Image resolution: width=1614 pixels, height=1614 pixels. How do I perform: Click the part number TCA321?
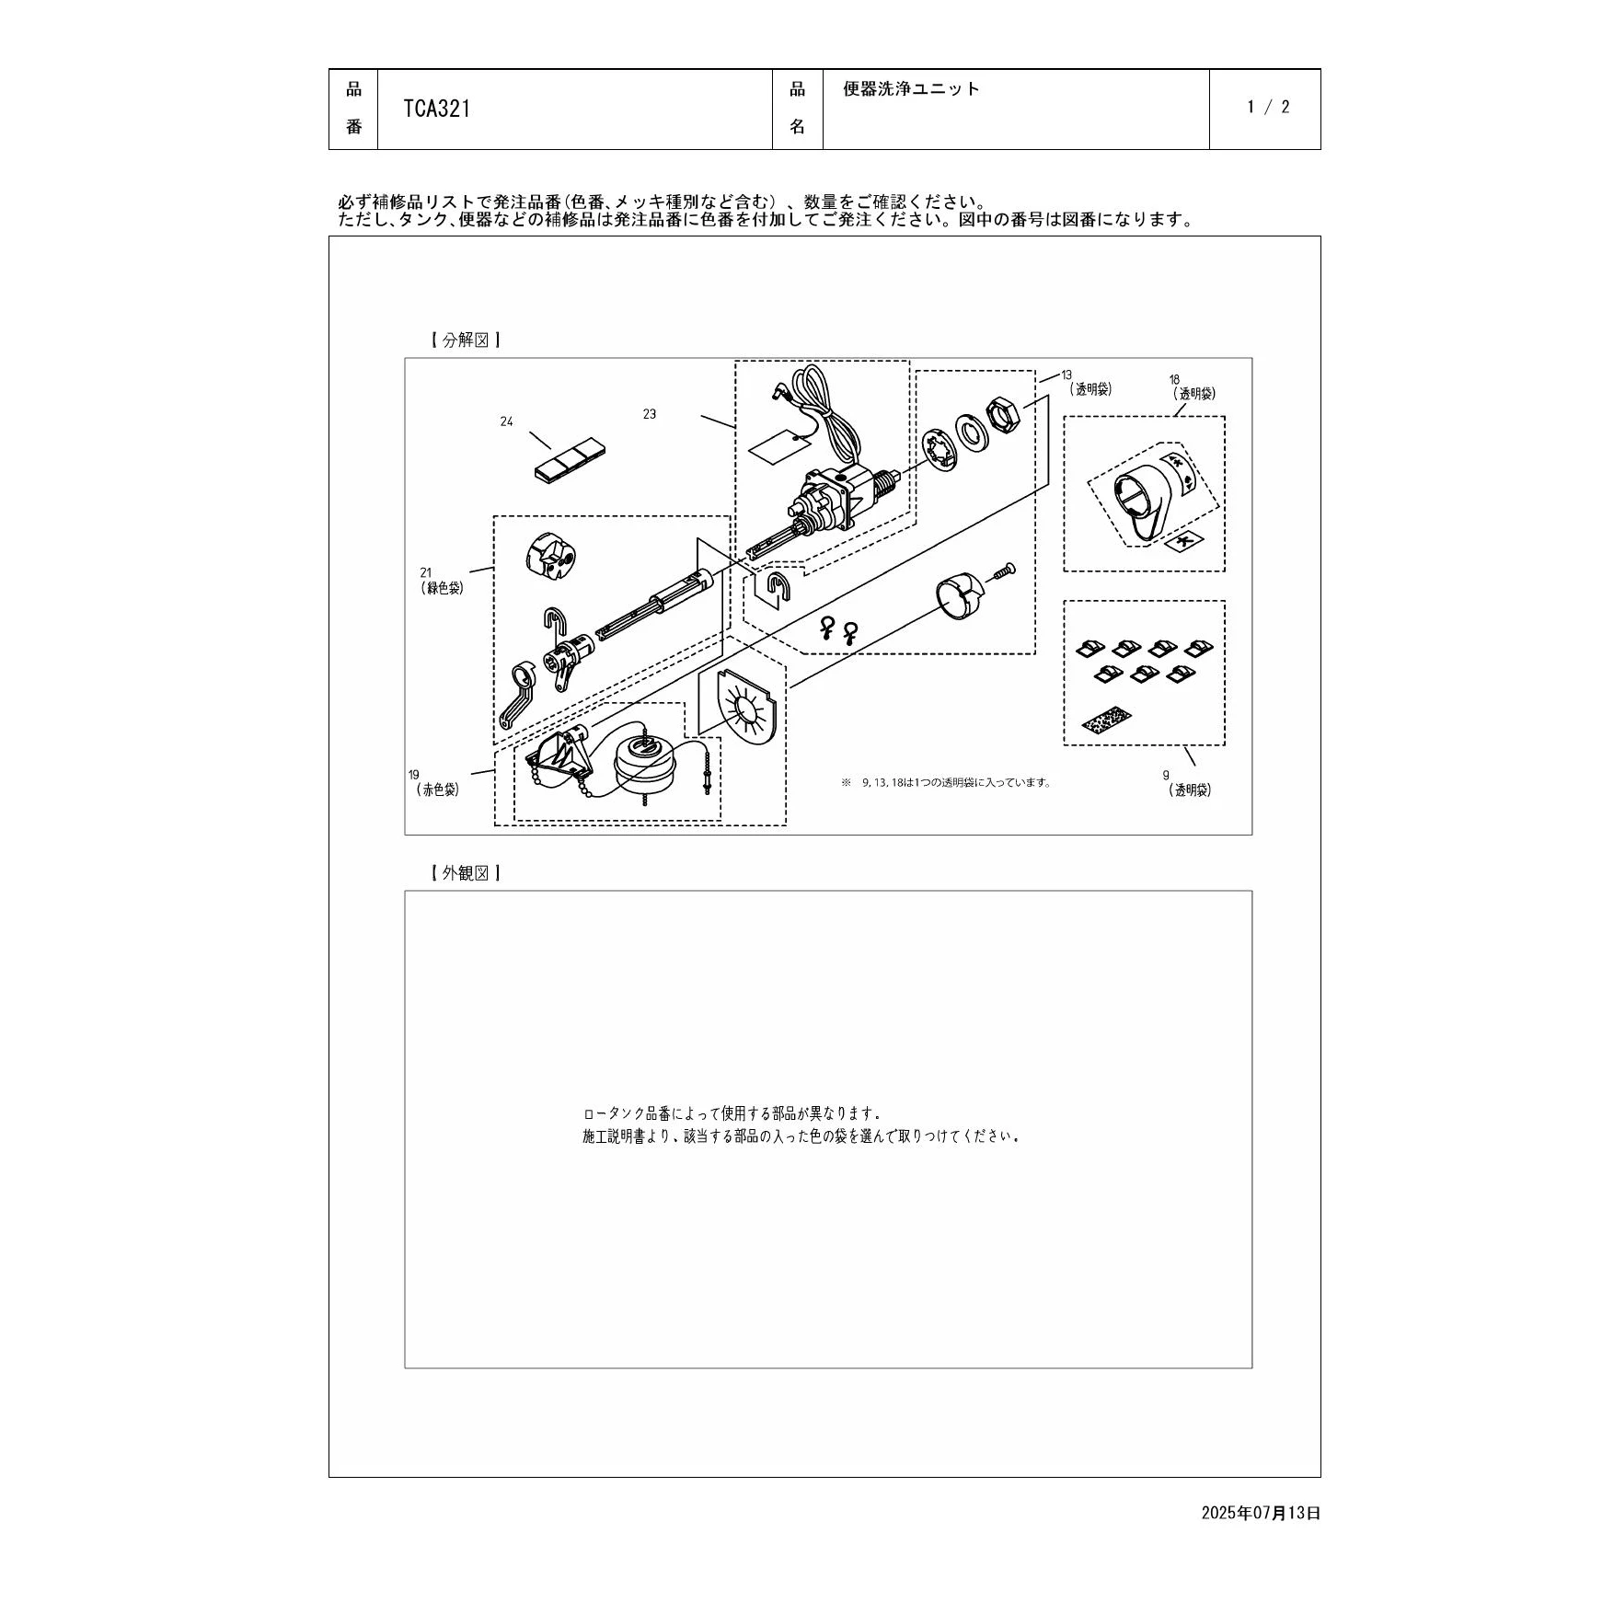pyautogui.click(x=437, y=109)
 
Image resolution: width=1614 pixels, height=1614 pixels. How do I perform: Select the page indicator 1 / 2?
pyautogui.click(x=1268, y=107)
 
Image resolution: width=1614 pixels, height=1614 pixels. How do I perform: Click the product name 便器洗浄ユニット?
pyautogui.click(x=912, y=88)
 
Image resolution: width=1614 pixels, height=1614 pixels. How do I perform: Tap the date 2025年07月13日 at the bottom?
pyautogui.click(x=1261, y=1513)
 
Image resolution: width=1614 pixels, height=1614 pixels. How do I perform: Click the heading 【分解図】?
pyautogui.click(x=466, y=340)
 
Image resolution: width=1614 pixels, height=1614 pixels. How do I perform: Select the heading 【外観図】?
pyautogui.click(x=466, y=873)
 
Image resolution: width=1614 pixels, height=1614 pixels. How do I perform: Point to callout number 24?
pyautogui.click(x=506, y=421)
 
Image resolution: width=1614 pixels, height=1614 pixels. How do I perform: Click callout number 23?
pyautogui.click(x=650, y=414)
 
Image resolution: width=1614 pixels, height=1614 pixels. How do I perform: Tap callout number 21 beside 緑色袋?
pyautogui.click(x=425, y=572)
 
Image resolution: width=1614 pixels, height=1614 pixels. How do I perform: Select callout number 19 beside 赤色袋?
pyautogui.click(x=414, y=775)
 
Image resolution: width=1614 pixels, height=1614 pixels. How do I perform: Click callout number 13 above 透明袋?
pyautogui.click(x=1066, y=375)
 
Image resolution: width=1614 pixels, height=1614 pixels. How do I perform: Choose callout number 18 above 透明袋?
pyautogui.click(x=1174, y=379)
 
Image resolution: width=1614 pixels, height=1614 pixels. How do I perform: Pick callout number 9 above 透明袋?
pyautogui.click(x=1166, y=776)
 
